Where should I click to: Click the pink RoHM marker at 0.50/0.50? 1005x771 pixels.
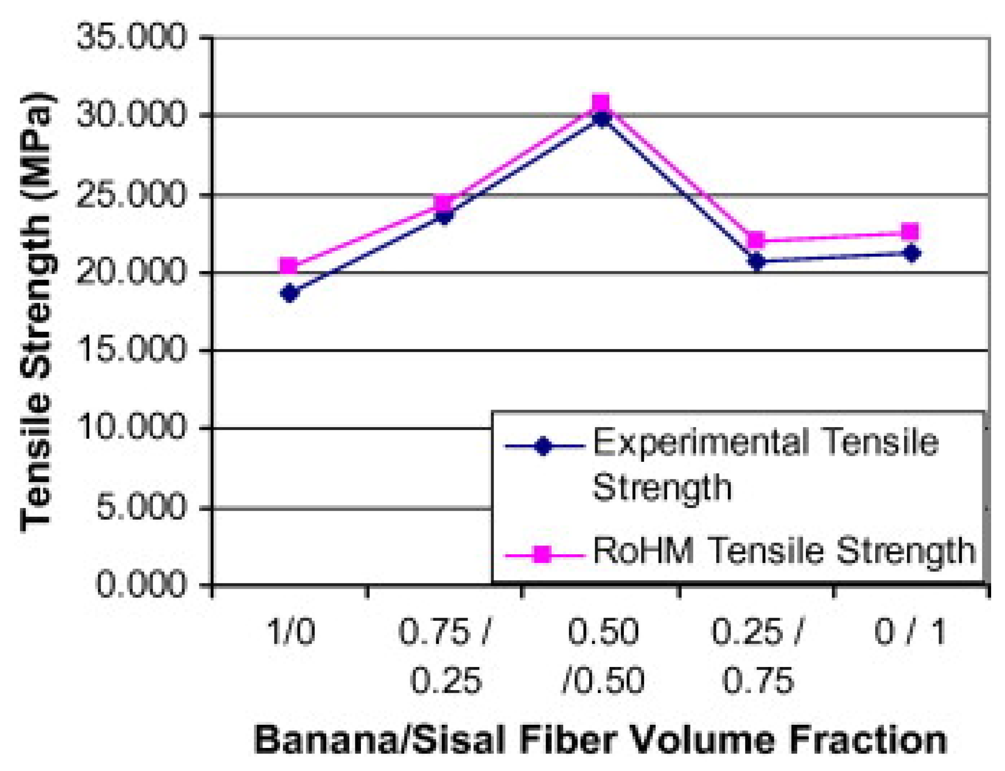pyautogui.click(x=601, y=104)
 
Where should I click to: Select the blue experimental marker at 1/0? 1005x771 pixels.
pyautogui.click(x=290, y=293)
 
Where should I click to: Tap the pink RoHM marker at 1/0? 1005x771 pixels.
pyautogui.click(x=289, y=266)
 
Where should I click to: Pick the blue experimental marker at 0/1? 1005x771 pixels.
pyautogui.click(x=911, y=253)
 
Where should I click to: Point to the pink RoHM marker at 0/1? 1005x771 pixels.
pyautogui.click(x=910, y=232)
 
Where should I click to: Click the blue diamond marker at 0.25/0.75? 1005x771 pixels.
pyautogui.click(x=757, y=262)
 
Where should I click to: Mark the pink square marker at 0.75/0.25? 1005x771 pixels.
pyautogui.click(x=445, y=203)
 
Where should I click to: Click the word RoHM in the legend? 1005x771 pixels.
pyautogui.click(x=643, y=551)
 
